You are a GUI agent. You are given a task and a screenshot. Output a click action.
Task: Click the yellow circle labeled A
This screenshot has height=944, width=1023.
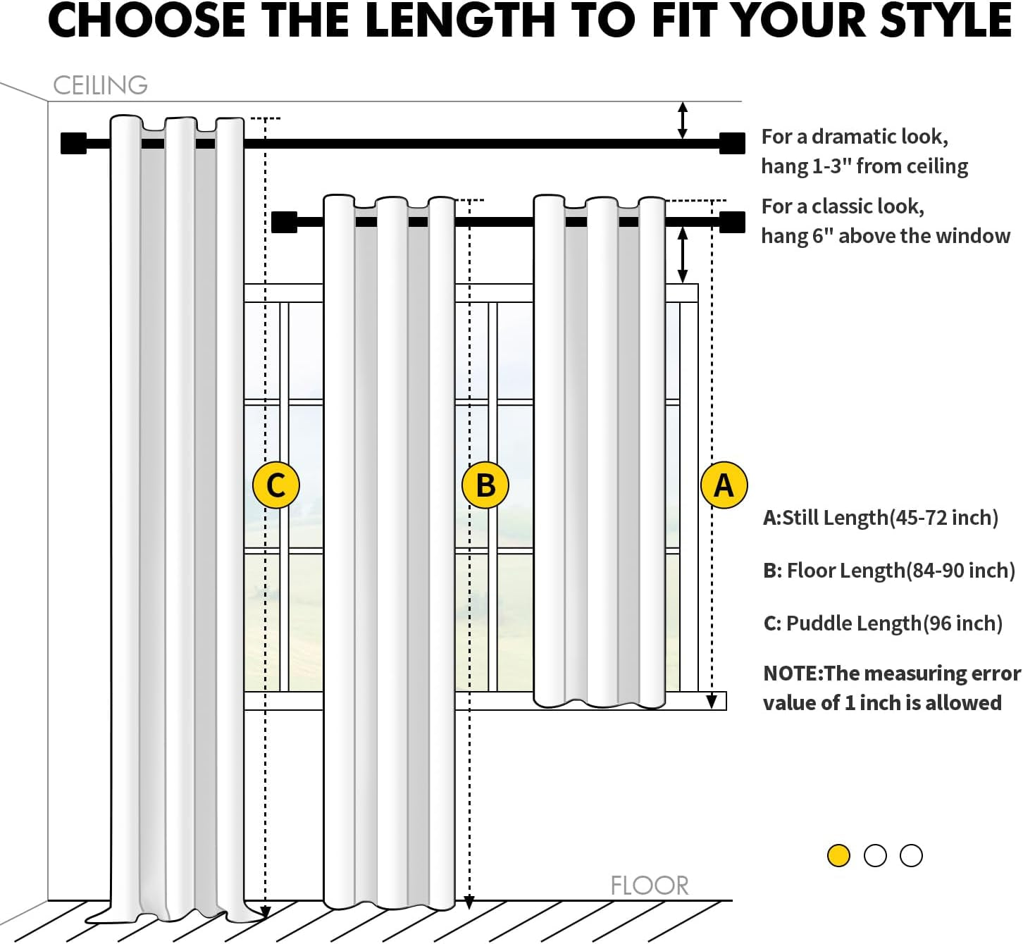pos(724,485)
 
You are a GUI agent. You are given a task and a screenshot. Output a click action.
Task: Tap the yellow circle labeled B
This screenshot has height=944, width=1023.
pos(485,485)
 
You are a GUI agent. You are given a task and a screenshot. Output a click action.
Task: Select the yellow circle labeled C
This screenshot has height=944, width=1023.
pos(276,485)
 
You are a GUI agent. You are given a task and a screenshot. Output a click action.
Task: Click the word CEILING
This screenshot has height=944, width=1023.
pos(100,85)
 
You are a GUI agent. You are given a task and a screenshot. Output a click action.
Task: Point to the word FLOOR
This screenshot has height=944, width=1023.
pos(649,886)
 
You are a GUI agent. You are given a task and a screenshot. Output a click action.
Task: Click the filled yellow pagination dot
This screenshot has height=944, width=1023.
pos(838,855)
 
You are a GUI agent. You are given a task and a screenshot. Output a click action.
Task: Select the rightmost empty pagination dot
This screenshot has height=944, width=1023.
pos(911,855)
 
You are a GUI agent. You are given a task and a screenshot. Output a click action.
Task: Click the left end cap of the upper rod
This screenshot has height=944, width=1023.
pos(73,143)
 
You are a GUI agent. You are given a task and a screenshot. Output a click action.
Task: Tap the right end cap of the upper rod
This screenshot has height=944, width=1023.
pos(732,143)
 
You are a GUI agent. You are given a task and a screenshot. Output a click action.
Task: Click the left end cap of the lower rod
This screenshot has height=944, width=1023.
pos(284,222)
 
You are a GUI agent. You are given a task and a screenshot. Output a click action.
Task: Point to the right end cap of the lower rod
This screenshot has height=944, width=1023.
pos(732,222)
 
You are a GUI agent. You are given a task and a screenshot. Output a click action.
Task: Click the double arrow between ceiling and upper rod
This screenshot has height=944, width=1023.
pos(682,120)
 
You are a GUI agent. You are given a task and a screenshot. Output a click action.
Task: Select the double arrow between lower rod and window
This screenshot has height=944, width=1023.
pos(682,254)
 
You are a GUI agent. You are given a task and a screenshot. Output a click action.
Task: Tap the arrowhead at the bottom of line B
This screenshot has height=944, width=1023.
pos(469,902)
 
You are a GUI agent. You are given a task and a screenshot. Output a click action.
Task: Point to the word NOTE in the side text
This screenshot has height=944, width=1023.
pos(791,673)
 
